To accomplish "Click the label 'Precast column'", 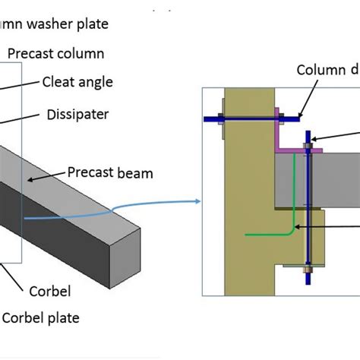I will point(55,54).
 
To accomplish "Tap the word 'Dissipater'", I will point(77,115).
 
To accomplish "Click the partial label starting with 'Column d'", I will point(327,71).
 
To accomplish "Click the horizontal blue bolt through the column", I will point(251,118).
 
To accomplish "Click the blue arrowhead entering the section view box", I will point(197,202).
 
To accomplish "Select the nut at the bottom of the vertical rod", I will point(308,269).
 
